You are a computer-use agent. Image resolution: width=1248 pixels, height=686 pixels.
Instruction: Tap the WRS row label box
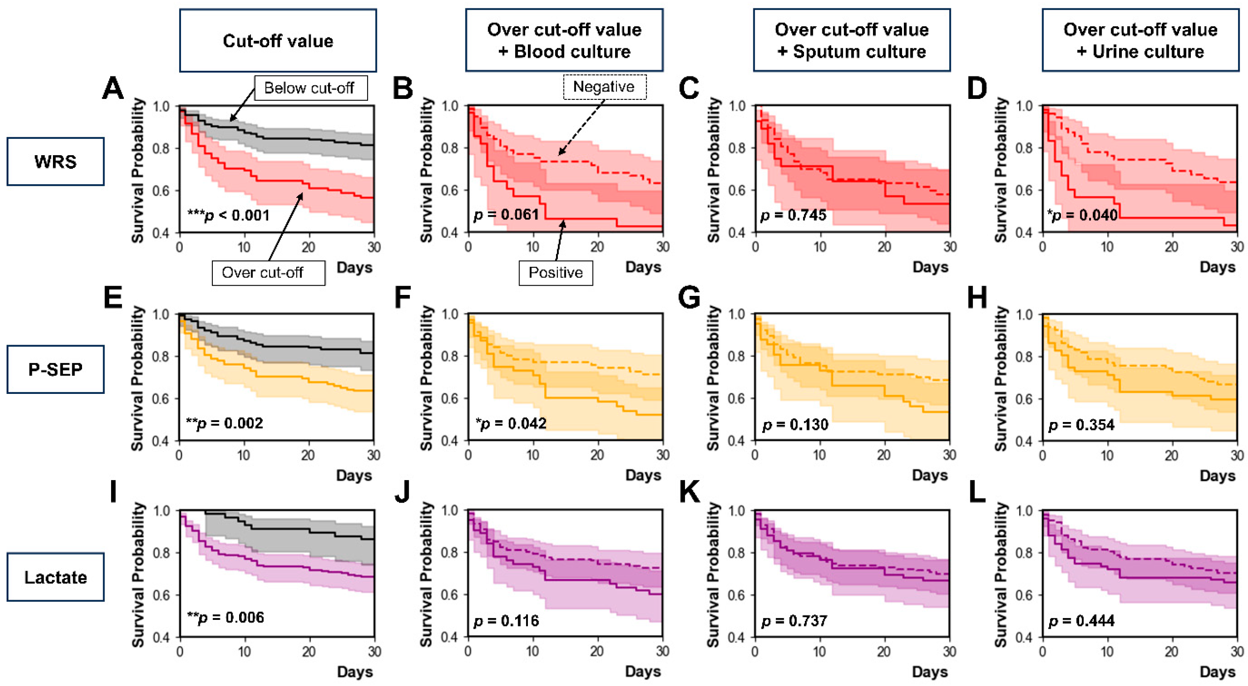[55, 161]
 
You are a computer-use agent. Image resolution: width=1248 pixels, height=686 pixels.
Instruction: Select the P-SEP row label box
[55, 369]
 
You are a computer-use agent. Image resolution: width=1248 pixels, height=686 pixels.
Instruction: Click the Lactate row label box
[55, 577]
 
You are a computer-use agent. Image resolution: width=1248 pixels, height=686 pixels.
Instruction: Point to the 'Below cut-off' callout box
[310, 88]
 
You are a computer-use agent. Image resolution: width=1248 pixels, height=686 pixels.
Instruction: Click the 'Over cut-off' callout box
[268, 273]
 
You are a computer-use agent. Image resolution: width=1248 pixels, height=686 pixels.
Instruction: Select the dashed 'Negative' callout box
[604, 87]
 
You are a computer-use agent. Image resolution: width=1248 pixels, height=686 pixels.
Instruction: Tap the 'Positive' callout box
[555, 273]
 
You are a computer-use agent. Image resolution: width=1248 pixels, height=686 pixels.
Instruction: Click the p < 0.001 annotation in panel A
[228, 215]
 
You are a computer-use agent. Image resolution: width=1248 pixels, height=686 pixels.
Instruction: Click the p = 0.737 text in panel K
[794, 621]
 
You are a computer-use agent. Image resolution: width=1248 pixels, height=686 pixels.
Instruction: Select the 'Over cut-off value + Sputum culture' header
[851, 40]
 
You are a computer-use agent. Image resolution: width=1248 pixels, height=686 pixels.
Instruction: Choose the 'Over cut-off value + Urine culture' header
[1140, 40]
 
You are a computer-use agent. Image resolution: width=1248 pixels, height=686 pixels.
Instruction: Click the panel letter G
[689, 297]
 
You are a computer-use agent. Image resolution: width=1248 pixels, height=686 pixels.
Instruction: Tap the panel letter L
[977, 492]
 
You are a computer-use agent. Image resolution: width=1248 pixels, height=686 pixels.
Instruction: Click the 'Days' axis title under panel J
[642, 671]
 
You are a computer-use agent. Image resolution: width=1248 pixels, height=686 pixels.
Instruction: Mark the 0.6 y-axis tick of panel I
[162, 595]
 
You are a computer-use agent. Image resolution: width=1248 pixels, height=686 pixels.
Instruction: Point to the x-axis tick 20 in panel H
[1171, 455]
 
